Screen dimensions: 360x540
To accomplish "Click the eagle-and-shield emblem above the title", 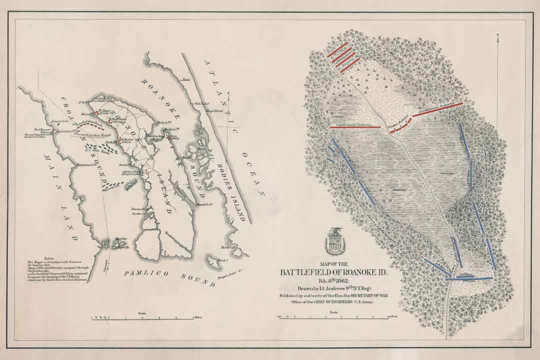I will point(333,242).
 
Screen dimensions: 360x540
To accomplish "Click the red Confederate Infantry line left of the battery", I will point(355,127).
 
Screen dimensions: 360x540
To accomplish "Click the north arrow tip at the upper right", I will point(498,35).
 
